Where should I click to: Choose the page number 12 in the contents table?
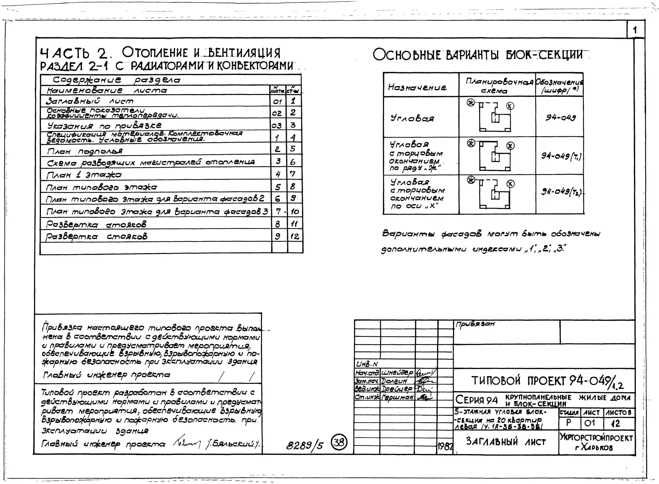[294, 236]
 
